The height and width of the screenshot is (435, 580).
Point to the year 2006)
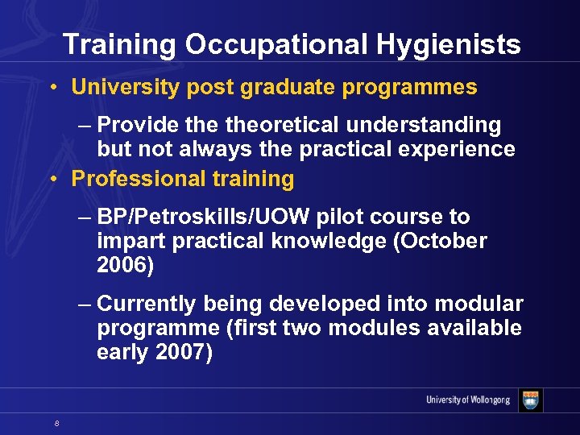click(125, 265)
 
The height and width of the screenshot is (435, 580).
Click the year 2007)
click(184, 352)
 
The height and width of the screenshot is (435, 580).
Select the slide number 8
click(57, 424)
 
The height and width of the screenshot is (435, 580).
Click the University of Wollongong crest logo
click(531, 400)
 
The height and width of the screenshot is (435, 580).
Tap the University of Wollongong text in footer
click(468, 400)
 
